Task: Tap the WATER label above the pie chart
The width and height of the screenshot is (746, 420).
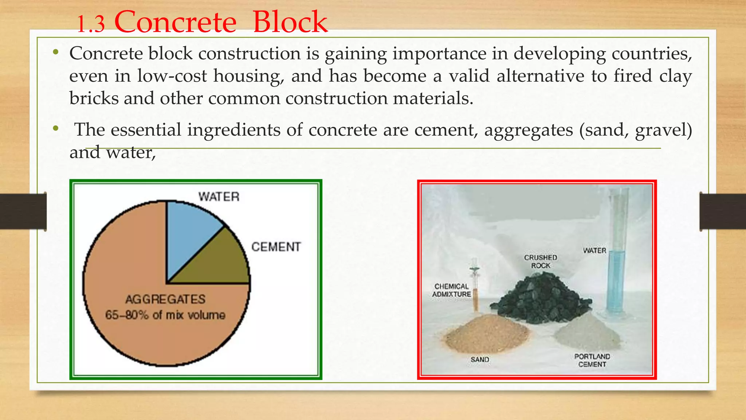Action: coord(219,197)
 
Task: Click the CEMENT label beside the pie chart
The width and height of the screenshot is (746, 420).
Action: coord(276,247)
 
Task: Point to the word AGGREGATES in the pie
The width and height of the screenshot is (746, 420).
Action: coord(165,299)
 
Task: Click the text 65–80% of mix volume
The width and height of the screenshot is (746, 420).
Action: coord(165,315)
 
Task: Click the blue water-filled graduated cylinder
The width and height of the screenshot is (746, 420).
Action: coord(616,277)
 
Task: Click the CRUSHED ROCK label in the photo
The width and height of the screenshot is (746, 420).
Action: coord(541,261)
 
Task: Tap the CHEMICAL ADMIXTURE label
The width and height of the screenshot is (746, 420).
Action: coord(452,290)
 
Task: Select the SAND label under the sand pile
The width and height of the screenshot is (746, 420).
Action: coord(480,359)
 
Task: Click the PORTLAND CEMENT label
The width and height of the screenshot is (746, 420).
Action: coord(592,360)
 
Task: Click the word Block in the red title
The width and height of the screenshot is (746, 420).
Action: coord(290,22)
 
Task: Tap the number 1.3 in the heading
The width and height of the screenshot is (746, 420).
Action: coord(91,25)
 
